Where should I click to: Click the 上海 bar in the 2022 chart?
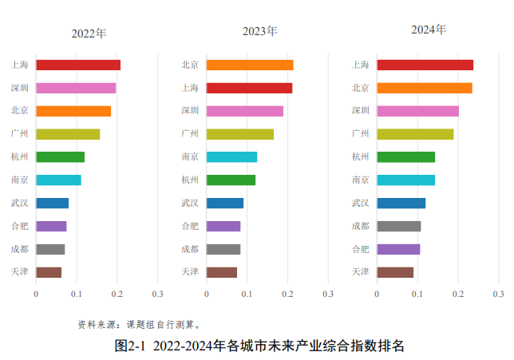pyautogui.click(x=77, y=65)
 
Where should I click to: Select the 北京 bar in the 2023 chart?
pyautogui.click(x=249, y=65)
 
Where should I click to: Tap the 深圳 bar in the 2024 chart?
pyautogui.click(x=417, y=111)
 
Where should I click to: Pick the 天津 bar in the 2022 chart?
pyautogui.click(x=49, y=272)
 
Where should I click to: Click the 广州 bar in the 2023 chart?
pyautogui.click(x=239, y=134)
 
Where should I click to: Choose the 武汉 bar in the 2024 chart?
pyautogui.click(x=401, y=203)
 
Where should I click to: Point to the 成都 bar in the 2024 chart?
pyautogui.click(x=398, y=226)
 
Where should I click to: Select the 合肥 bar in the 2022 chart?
pyautogui.click(x=51, y=226)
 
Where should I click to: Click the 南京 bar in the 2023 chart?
pyautogui.click(x=231, y=156)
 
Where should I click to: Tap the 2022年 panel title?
pyautogui.click(x=89, y=34)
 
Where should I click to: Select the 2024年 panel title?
pyautogui.click(x=429, y=30)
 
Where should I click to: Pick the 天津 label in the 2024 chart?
pyautogui.click(x=360, y=272)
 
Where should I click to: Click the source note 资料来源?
pyautogui.click(x=96, y=324)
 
